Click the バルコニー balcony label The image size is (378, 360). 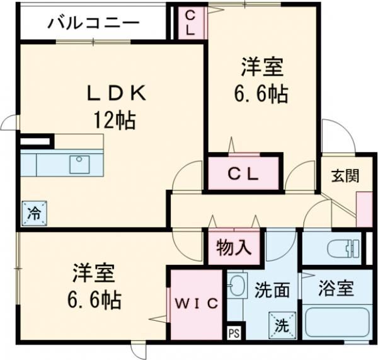click(93, 24)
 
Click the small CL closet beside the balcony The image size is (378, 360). click(191, 23)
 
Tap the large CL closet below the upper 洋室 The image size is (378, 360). click(243, 173)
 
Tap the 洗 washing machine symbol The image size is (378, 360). click(280, 323)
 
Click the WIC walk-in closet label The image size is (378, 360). click(197, 303)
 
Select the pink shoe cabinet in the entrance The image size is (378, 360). click(364, 208)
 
